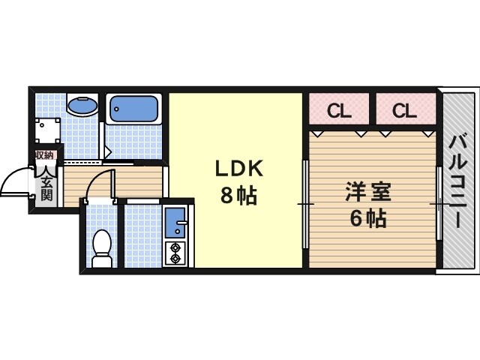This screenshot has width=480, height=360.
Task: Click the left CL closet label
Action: tap(339, 112)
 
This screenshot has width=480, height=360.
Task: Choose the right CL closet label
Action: tap(403, 112)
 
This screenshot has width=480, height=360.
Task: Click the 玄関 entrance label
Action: tap(46, 187)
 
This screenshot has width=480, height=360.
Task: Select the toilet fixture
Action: tap(100, 247)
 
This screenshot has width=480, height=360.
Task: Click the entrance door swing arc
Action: tap(15, 181)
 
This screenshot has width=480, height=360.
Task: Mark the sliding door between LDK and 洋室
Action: tap(304, 204)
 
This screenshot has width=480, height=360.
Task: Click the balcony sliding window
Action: tap(438, 204)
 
